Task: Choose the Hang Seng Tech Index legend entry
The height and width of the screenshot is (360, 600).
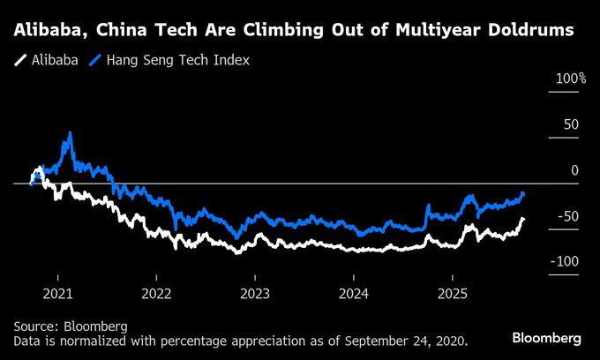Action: point(176,61)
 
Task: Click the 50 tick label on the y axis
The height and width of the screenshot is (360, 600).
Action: point(572,124)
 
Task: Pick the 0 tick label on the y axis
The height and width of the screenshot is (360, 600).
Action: point(575,170)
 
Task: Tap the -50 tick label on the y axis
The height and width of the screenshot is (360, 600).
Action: point(568,216)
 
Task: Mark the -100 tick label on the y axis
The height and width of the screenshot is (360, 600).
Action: point(565,262)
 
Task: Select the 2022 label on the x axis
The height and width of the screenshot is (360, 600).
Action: point(156,292)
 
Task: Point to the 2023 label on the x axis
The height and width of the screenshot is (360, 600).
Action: point(255,292)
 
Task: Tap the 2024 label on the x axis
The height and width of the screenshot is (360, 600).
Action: point(354,292)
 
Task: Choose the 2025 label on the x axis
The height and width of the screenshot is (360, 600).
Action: point(453,292)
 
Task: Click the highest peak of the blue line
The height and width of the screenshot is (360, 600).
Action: point(70,133)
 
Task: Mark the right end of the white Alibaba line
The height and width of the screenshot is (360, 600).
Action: point(523,218)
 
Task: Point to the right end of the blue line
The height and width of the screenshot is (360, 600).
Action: point(524,192)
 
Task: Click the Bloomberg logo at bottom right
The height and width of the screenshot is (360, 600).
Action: point(546,338)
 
